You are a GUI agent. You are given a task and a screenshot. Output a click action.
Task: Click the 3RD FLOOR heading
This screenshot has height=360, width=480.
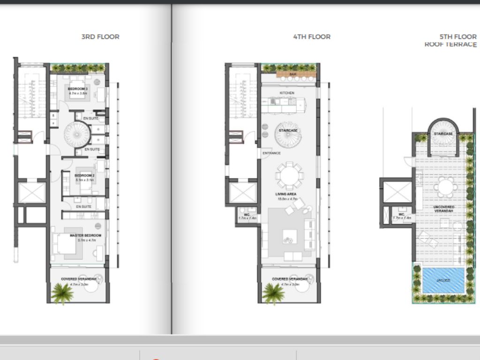point(100,37)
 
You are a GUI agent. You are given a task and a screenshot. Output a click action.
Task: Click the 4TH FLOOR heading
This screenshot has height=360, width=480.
point(312,37)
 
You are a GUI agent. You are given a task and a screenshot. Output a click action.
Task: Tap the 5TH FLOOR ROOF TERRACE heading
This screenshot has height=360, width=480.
point(450,40)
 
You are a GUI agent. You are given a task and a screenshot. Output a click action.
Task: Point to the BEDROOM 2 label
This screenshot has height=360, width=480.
point(84,176)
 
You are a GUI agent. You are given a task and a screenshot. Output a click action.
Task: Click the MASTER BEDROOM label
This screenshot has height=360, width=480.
point(85,235)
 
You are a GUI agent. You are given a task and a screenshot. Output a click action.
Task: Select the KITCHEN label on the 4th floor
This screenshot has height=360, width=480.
point(287,93)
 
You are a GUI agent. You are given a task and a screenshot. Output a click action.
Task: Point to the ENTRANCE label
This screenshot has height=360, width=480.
point(271,153)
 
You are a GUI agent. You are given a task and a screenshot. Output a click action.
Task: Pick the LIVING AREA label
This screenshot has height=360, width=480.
point(286,194)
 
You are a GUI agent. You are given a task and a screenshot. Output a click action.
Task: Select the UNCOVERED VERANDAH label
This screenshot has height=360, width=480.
point(444,209)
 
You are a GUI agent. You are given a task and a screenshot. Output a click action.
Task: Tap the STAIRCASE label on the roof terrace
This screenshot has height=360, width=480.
point(443,134)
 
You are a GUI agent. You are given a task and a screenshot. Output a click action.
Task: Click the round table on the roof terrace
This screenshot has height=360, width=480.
point(445,187)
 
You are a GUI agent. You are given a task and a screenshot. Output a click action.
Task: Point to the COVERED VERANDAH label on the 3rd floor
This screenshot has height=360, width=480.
point(78,279)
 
